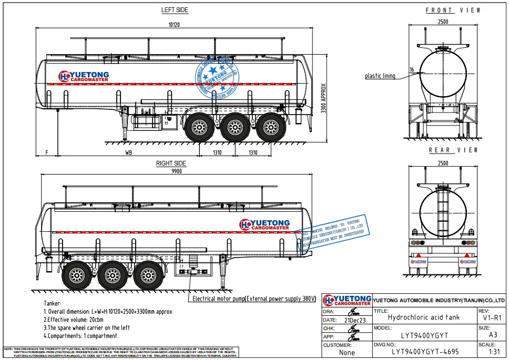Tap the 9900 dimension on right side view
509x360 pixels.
tap(176, 171)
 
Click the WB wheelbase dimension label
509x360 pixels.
tap(128, 152)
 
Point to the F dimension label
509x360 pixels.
tap(46, 152)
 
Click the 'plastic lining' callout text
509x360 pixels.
tap(380, 76)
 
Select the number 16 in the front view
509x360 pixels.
tap(412, 69)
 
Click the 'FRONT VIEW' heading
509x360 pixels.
tap(453, 11)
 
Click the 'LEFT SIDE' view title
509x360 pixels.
tap(175, 10)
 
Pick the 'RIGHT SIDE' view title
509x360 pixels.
tap(171, 163)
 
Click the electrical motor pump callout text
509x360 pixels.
tap(254, 299)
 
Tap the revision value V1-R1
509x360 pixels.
tap(492, 317)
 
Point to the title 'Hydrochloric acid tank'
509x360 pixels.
tap(423, 317)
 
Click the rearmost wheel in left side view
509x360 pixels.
tap(271, 127)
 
